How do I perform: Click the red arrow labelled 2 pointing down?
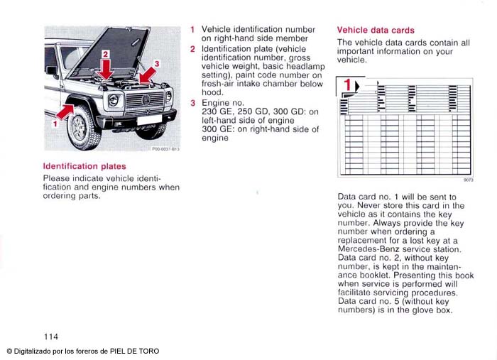[x=106, y=67]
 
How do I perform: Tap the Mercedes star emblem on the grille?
[x=146, y=100]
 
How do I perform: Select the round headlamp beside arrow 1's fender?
[x=114, y=101]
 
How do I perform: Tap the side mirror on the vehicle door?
[x=52, y=71]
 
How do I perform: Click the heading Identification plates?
[x=84, y=167]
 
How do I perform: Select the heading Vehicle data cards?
[x=376, y=31]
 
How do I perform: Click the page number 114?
[x=50, y=336]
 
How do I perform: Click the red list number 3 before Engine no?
[x=192, y=104]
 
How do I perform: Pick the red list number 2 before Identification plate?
[x=192, y=49]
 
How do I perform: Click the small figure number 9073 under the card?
[x=468, y=180]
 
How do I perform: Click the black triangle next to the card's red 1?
[x=357, y=86]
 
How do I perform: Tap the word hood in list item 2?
[x=212, y=92]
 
